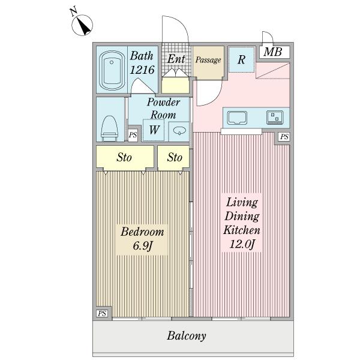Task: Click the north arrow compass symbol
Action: (82, 25)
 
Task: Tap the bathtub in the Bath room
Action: (112, 70)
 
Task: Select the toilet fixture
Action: (110, 128)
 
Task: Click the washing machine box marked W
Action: (154, 130)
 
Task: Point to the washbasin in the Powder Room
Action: (179, 131)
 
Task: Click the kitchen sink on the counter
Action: (237, 118)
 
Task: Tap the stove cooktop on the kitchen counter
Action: (275, 118)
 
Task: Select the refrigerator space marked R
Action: (242, 59)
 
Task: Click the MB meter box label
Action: (273, 52)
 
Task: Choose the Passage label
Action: (208, 60)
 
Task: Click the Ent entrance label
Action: (176, 59)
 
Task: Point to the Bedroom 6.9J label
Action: (142, 239)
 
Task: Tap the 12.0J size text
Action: (242, 244)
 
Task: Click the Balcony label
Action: (187, 336)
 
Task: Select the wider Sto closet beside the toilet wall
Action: (125, 157)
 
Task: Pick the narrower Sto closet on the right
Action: (174, 157)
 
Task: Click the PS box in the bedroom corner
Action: (102, 313)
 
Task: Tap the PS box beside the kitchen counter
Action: (284, 137)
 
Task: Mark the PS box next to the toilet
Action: (133, 134)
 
